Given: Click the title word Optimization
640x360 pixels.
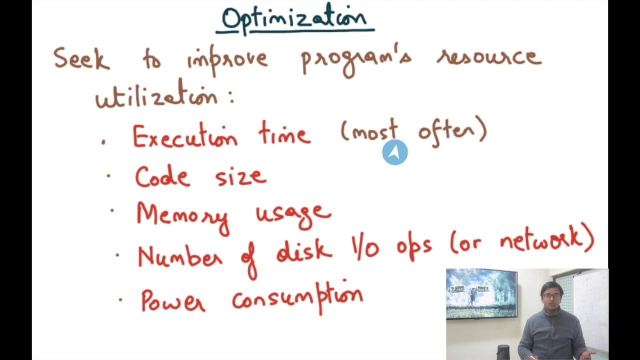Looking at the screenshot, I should (x=294, y=19).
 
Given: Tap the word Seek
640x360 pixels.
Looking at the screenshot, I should (x=81, y=59).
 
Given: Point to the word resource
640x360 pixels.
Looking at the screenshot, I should (x=489, y=56).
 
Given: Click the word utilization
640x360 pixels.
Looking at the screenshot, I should (x=157, y=95).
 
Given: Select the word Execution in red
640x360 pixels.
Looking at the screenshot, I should (x=184, y=136).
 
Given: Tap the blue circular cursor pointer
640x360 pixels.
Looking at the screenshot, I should (x=395, y=152).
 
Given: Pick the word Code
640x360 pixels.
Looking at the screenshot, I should (x=162, y=176).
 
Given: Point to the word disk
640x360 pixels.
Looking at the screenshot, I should (x=304, y=250).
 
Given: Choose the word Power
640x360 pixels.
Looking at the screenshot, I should (x=173, y=300).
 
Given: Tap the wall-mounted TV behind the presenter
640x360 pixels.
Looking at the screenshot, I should (x=481, y=293).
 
